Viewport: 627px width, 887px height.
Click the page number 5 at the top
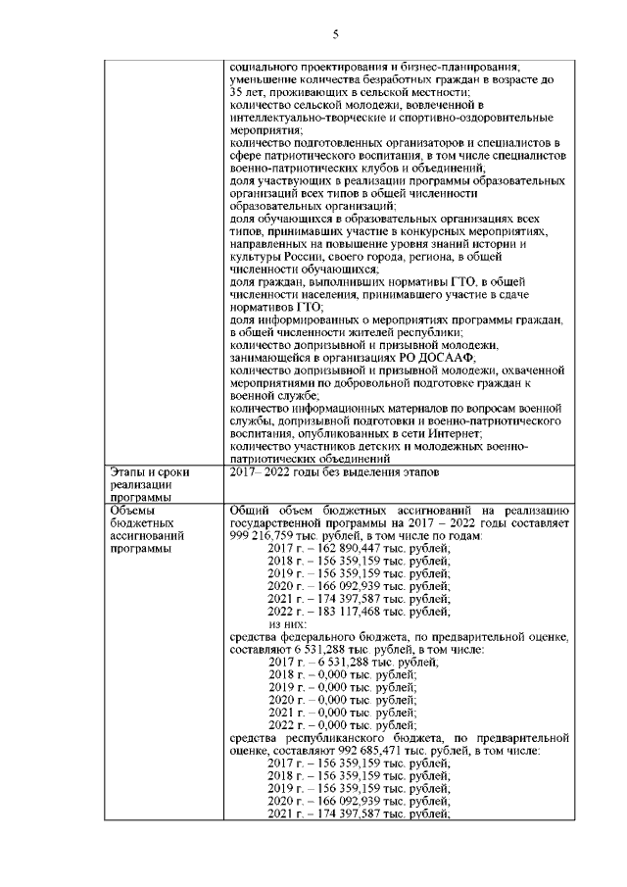(x=335, y=36)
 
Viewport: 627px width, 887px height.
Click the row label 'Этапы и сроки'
(x=149, y=472)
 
